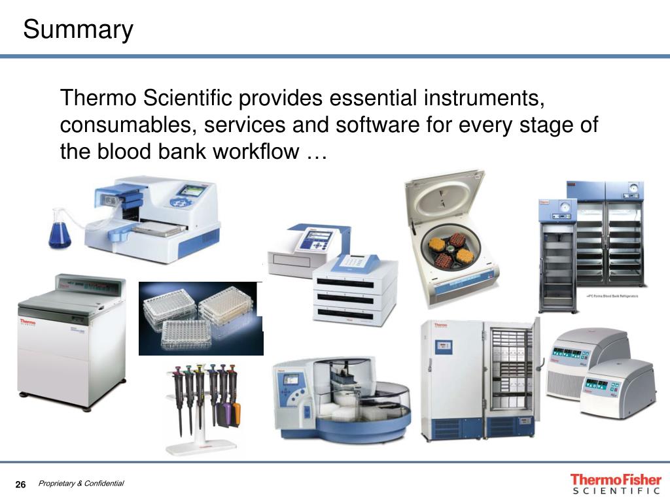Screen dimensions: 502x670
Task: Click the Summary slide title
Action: pos(78,30)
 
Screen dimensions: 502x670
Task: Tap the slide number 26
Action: pos(20,484)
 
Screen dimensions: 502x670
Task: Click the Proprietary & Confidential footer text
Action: pos(81,484)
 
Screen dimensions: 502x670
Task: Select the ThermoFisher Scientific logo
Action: pos(615,484)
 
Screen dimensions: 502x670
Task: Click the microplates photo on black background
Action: pos(200,318)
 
